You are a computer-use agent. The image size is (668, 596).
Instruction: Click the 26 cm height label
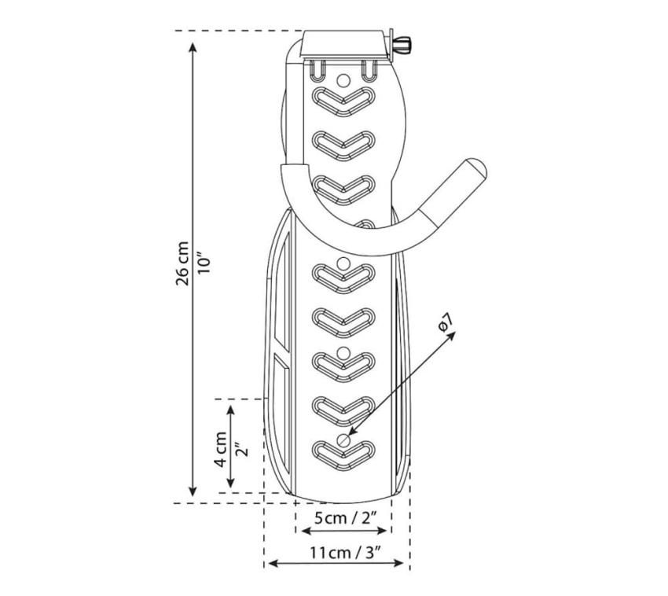click(182, 263)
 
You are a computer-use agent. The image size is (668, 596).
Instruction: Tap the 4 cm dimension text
click(221, 449)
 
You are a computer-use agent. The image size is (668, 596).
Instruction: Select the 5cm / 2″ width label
click(346, 518)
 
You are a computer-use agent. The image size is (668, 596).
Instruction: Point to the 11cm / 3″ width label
click(345, 553)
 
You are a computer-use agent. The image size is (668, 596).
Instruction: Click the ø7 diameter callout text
click(445, 322)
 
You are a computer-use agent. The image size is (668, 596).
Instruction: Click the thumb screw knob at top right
click(402, 44)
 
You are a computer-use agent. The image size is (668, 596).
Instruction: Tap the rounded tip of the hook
click(477, 168)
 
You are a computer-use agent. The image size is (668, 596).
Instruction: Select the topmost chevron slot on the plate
click(343, 101)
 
